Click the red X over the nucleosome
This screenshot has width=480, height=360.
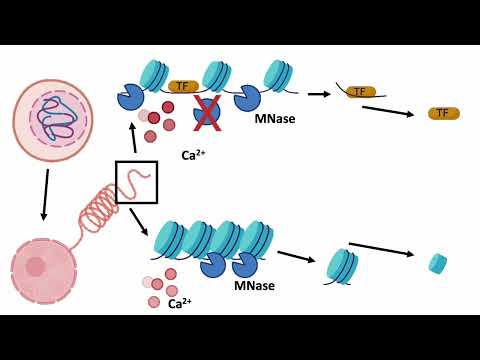(206, 114)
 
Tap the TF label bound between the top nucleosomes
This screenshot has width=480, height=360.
(181, 87)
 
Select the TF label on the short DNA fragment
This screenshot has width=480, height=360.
(360, 92)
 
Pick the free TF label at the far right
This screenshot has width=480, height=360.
(443, 113)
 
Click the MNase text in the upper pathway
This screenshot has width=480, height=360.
(274, 119)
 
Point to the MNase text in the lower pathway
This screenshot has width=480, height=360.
(254, 286)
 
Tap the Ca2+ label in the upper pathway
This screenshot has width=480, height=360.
(193, 155)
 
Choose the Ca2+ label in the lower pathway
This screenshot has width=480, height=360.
(180, 303)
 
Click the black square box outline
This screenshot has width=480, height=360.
(136, 182)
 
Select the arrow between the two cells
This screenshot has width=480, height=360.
(44, 194)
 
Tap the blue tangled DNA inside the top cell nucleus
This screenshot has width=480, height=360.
(58, 118)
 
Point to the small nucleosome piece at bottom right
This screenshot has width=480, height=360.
(437, 263)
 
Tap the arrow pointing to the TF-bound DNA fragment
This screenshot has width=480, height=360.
(319, 94)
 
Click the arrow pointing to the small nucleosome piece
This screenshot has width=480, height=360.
(381, 249)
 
